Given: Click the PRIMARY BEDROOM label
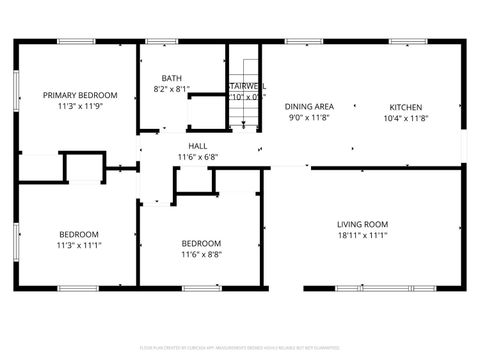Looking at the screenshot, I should tap(80, 95).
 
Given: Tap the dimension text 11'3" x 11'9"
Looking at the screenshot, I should tap(80, 106).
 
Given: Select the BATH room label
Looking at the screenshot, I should tap(172, 78).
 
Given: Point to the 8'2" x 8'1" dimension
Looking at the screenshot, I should tap(172, 89).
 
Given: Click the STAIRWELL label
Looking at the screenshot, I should tap(247, 86).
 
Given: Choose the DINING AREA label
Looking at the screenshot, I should tap(309, 106).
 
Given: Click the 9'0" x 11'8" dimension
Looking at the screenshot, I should tap(309, 118).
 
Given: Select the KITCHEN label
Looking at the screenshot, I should tap(406, 107).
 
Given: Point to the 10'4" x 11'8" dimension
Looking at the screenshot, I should tap(406, 118).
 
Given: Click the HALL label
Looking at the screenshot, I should tap(198, 146).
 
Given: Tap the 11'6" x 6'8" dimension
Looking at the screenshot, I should tap(198, 157).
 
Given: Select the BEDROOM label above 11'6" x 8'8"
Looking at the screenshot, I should tap(201, 243).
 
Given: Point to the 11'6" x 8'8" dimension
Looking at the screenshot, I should tap(201, 255).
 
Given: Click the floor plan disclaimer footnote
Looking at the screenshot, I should tap(240, 347).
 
